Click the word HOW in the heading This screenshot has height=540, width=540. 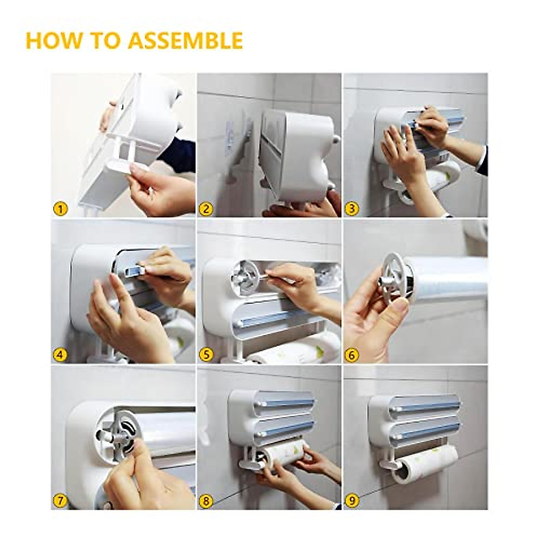click(52, 40)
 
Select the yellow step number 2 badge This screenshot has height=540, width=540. click(206, 209)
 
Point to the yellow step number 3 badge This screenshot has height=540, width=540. click(352, 209)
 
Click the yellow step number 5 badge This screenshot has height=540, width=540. click(206, 355)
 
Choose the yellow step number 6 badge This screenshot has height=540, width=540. click(352, 355)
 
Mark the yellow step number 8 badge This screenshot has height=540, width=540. click(206, 501)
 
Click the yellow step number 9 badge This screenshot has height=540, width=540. click(352, 501)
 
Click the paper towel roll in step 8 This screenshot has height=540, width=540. click(283, 457)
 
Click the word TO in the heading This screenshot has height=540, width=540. click(104, 40)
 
